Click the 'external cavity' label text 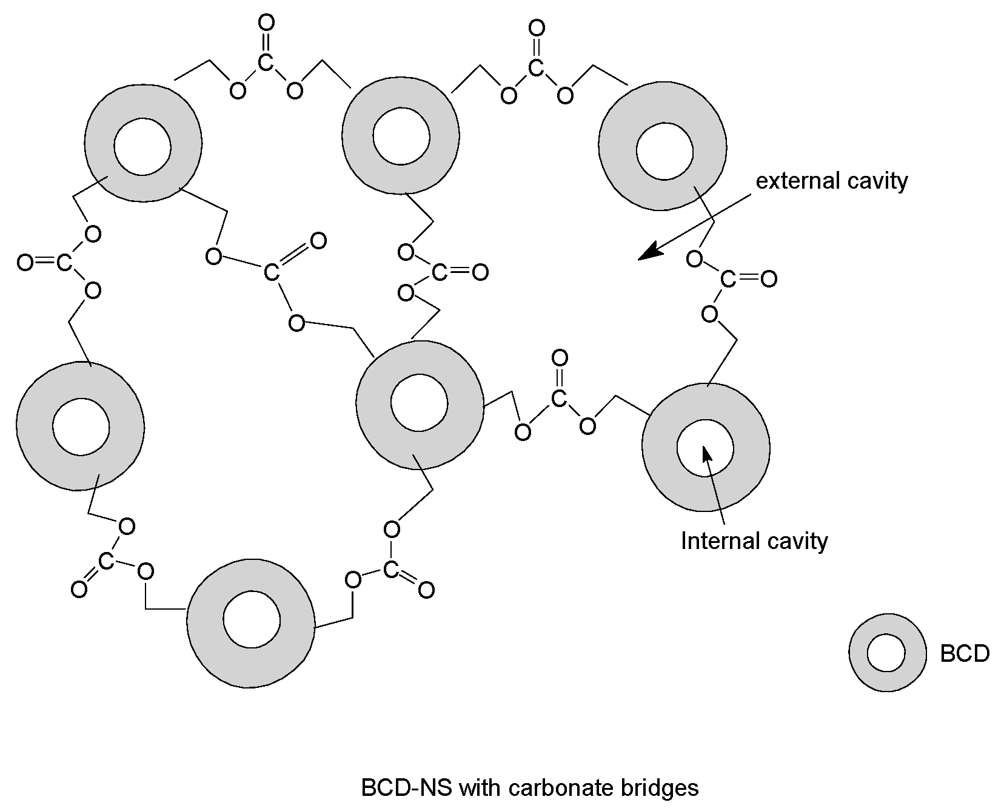click(831, 181)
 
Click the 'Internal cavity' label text click(754, 540)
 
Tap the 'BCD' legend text click(965, 653)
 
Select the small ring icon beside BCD click(887, 653)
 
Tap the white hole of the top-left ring click(143, 146)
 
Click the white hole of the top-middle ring click(401, 136)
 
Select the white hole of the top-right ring click(664, 151)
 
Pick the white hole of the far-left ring click(81, 427)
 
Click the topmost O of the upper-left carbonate click(266, 23)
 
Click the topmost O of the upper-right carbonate click(537, 28)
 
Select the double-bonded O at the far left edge click(25, 263)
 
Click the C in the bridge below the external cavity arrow click(728, 280)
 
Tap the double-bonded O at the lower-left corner click(79, 589)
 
